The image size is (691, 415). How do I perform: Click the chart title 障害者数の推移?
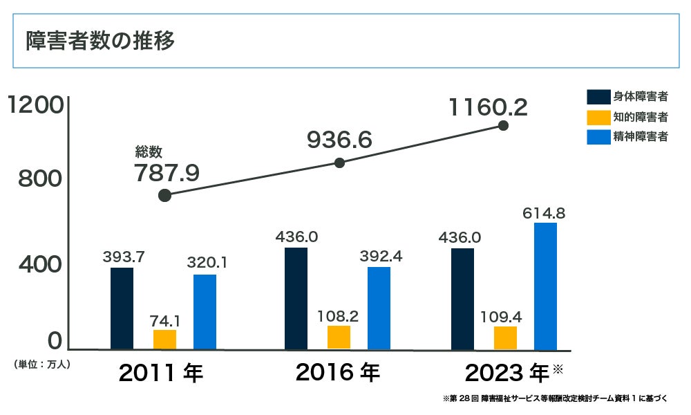[x=100, y=41]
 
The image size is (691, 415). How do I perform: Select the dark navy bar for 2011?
[x=122, y=308]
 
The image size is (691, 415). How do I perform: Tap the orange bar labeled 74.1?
[x=164, y=340]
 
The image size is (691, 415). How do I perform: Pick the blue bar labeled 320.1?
[x=205, y=312]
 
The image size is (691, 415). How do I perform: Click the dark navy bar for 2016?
[x=296, y=298]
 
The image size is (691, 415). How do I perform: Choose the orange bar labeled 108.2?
[x=339, y=338]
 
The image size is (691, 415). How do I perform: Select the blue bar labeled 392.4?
[x=379, y=308]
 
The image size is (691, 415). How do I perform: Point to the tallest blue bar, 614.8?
[x=545, y=286]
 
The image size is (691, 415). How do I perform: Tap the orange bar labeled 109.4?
[x=505, y=338]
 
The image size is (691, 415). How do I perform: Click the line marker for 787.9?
[x=164, y=195]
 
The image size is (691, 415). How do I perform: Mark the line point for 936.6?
[x=339, y=163]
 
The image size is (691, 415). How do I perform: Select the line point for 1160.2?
[x=503, y=126]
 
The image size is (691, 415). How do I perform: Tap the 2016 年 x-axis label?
[x=338, y=373]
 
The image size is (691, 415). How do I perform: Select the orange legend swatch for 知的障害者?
[x=597, y=117]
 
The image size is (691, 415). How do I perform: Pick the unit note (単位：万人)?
[x=41, y=362]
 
